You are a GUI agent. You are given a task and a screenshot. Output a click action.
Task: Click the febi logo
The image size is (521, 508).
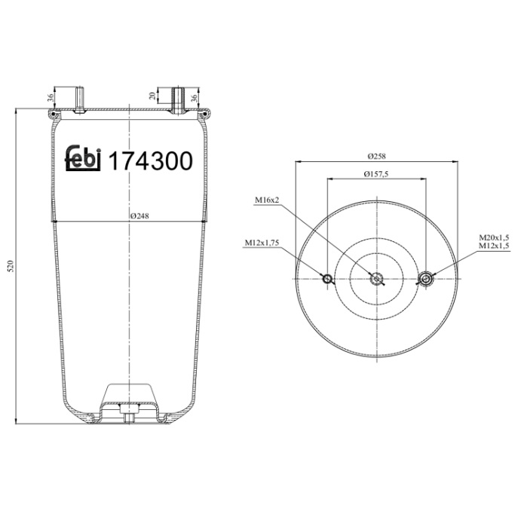click(x=83, y=158)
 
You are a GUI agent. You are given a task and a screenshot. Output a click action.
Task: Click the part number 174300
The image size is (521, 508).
click(x=151, y=161)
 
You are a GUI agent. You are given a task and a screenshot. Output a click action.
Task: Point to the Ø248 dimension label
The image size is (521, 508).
click(x=140, y=216)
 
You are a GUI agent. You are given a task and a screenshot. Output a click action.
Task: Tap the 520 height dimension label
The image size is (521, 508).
click(x=11, y=267)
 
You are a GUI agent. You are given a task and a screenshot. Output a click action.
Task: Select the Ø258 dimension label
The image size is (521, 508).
click(x=376, y=156)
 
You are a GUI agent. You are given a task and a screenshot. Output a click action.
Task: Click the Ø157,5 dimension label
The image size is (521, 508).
click(x=376, y=174)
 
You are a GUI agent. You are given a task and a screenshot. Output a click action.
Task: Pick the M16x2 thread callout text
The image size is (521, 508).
click(x=267, y=200)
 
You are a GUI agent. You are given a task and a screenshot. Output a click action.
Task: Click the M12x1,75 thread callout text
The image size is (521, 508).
click(x=262, y=243)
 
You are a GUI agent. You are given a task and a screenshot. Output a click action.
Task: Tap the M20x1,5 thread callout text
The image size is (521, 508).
click(x=494, y=237)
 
